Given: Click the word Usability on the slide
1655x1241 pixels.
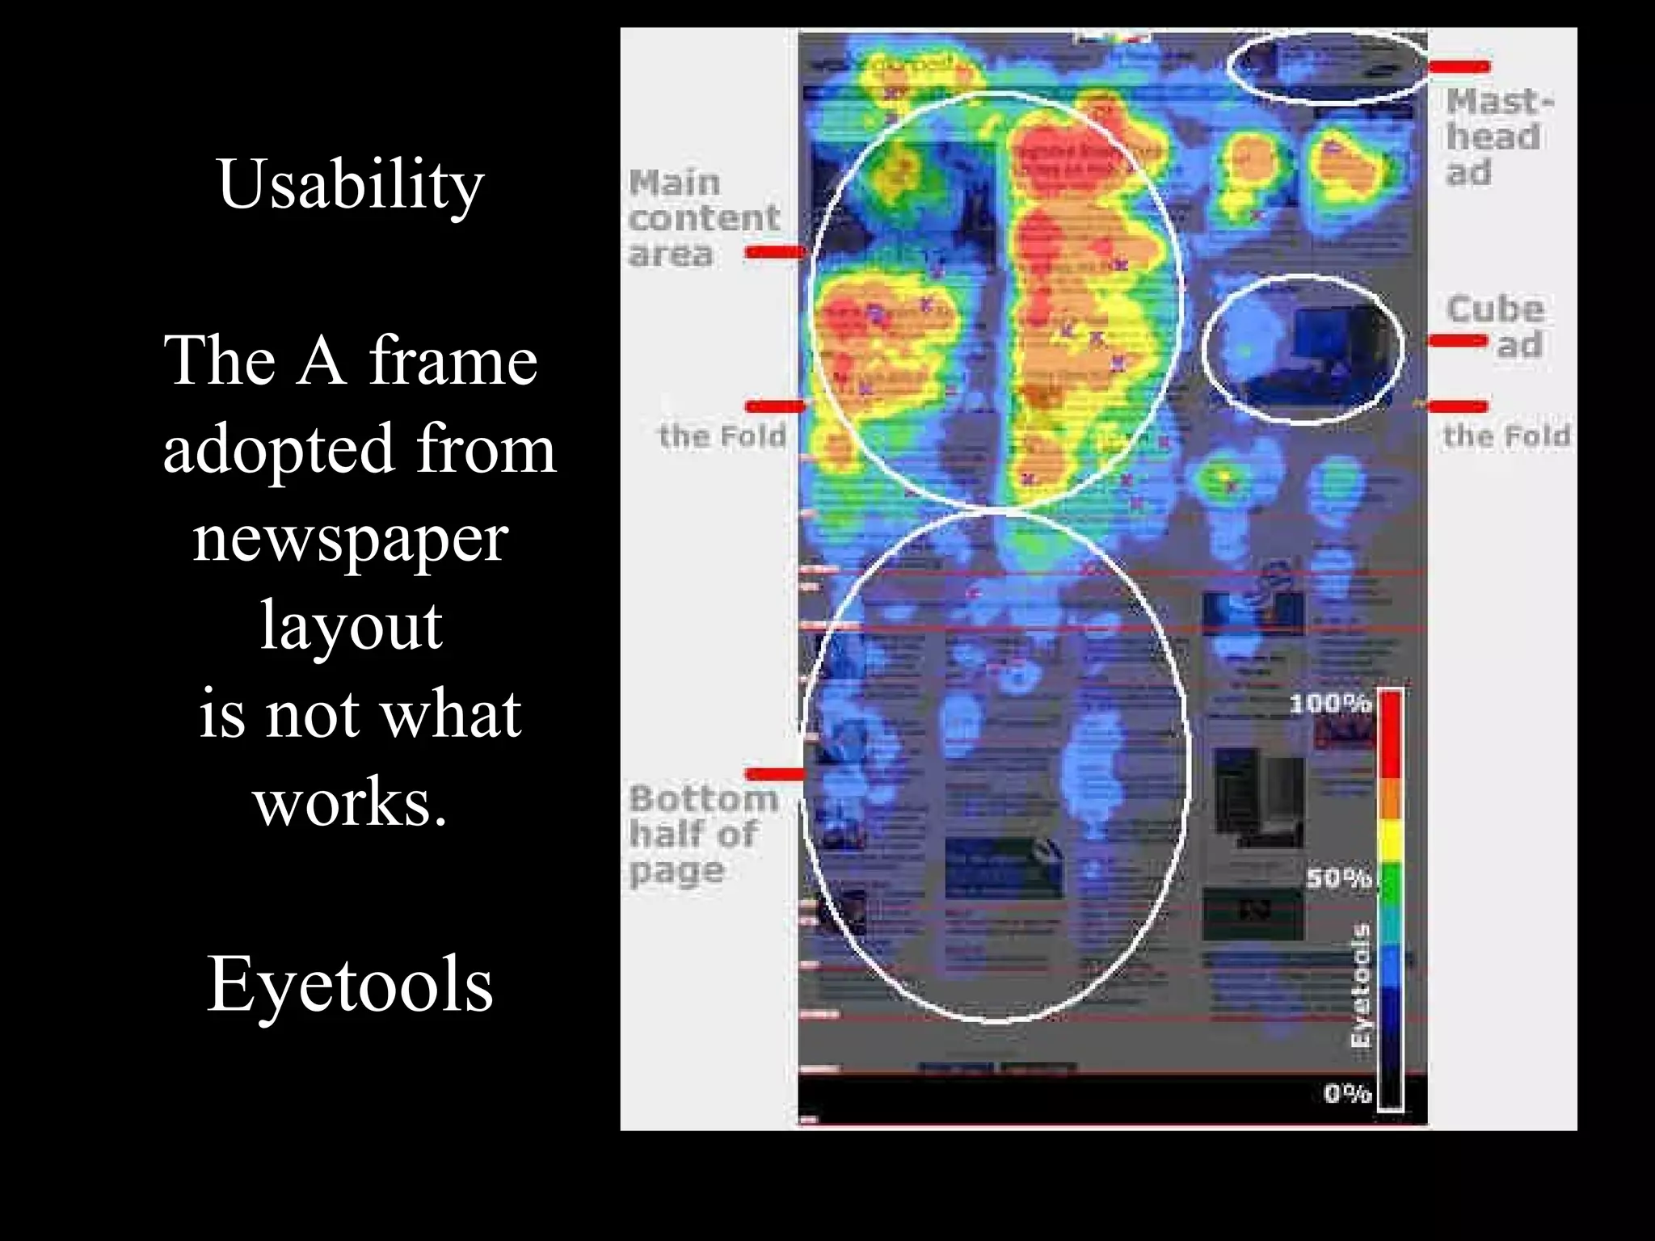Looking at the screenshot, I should click(350, 185).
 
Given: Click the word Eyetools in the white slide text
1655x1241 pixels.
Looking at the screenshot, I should click(350, 985).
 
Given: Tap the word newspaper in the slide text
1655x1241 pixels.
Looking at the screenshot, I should click(350, 539).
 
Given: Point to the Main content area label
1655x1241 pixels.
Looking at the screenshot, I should click(703, 217).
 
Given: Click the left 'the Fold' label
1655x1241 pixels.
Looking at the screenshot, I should click(722, 436).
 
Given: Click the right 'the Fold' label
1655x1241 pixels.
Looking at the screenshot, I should click(1506, 436).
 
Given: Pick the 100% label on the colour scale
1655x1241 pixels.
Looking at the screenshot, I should click(1329, 704).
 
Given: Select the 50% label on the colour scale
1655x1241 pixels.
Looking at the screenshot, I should click(1338, 878).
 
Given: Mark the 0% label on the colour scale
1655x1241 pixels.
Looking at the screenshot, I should click(1347, 1094).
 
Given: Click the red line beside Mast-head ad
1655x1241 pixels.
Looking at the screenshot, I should click(1459, 66).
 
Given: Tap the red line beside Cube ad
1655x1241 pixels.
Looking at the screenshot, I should click(1458, 341).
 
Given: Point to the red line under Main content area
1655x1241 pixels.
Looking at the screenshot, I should click(775, 253).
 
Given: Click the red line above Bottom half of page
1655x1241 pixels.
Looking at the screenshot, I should click(775, 774).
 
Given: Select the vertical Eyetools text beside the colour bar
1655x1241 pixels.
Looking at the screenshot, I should click(1361, 986).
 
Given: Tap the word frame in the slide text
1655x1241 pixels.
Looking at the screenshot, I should click(453, 360).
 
